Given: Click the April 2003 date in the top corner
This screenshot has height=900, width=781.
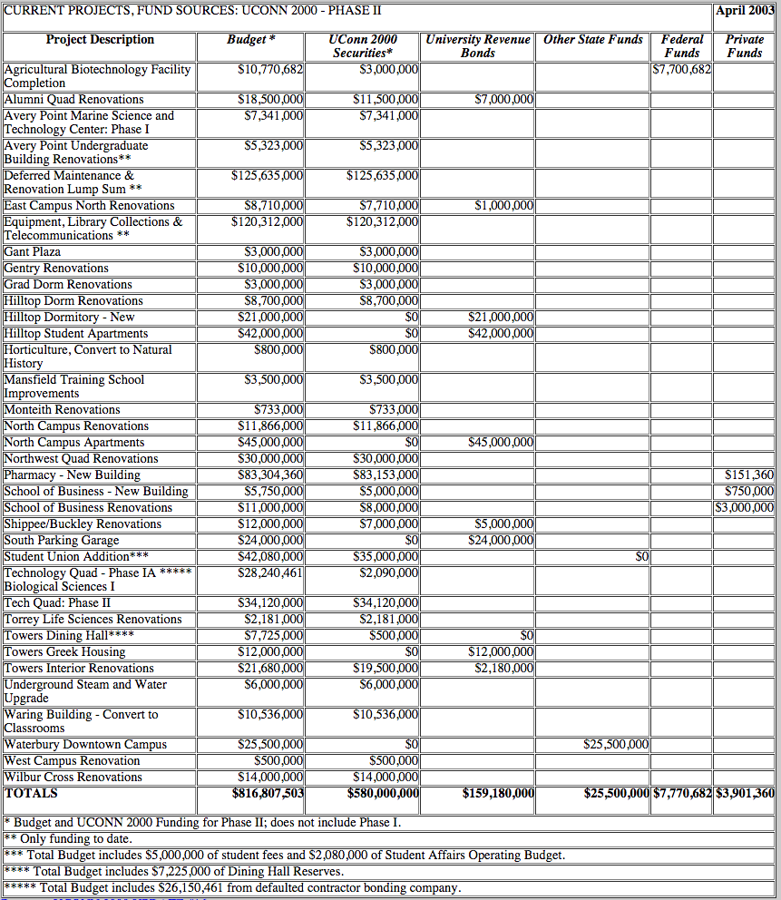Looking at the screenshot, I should pos(744,12).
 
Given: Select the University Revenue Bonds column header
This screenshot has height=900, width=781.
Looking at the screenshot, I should pos(478,46).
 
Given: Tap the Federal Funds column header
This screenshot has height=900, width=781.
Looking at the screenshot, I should pos(681,46).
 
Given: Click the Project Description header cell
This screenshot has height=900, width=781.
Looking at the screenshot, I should pos(100,40).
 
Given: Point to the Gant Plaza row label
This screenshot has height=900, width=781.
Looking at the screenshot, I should pos(33,251).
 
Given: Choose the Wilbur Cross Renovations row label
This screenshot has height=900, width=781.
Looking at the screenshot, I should pos(73,777).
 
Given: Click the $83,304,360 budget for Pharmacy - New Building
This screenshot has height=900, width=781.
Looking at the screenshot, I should pos(270,474).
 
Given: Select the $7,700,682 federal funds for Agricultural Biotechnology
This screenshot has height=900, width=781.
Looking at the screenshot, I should pos(682,69).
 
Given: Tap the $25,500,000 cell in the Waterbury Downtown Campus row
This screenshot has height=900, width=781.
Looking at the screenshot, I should pos(617,744).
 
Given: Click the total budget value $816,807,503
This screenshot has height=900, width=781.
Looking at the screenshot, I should pos(268,793).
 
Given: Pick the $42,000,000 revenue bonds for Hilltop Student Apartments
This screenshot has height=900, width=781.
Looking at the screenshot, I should pos(501,333).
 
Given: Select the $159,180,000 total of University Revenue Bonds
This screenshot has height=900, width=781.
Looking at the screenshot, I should pos(498,793).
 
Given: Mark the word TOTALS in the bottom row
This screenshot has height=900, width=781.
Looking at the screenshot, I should pos(32,793).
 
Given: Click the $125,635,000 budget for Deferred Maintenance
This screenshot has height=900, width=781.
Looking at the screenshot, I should pos(268,175).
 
